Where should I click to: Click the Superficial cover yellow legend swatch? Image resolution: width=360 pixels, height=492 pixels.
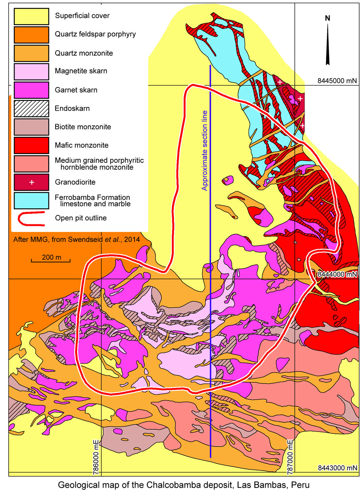pos(31,16)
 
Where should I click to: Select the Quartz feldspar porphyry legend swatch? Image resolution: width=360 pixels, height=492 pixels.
pos(31,35)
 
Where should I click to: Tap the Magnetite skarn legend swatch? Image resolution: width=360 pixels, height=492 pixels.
pos(31,71)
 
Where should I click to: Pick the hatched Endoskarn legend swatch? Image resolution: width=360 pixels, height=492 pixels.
pos(31,108)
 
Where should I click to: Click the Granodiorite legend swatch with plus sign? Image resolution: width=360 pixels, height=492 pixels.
pos(31,182)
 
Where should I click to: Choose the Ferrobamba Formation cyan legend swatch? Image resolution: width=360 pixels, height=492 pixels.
pos(31,200)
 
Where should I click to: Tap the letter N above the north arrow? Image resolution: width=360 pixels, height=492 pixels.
pos(328,18)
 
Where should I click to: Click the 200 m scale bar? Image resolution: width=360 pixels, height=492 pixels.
pos(51,260)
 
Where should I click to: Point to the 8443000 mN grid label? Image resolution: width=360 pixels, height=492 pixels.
pos(337,468)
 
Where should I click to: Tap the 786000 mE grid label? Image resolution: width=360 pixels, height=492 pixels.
pos(96,456)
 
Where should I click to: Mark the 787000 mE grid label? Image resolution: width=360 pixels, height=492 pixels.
pos(290,456)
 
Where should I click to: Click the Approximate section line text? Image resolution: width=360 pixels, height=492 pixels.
pos(205,150)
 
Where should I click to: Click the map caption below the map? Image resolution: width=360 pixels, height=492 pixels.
pos(183,484)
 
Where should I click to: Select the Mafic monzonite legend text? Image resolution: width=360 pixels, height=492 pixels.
pos(81,145)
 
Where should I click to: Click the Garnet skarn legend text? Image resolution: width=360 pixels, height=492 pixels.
pos(76,90)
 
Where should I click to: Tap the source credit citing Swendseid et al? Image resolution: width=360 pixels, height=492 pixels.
pos(76,239)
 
